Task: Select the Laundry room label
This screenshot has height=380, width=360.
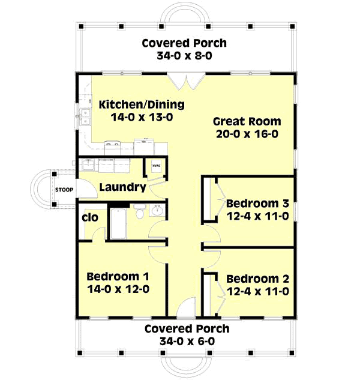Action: point(122,187)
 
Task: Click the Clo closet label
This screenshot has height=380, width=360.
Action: point(89,217)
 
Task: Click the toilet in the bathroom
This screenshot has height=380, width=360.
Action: point(139,213)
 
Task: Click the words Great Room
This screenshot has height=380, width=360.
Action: point(246,121)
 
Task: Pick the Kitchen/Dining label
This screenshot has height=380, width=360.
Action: point(142,104)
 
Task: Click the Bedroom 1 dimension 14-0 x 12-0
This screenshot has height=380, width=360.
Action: point(118,289)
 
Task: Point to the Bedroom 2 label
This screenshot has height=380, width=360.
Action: point(258,279)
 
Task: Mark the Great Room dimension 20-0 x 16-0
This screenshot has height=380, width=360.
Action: point(246,134)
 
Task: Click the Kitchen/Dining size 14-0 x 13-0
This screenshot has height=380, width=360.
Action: point(142,118)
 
